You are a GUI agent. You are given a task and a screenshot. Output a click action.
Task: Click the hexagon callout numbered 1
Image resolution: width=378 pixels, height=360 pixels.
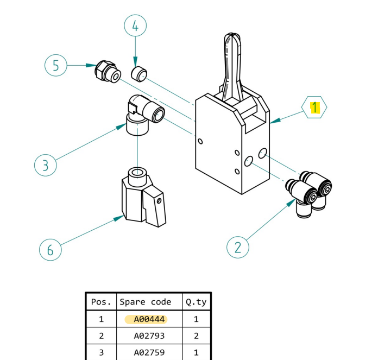(x=314, y=108)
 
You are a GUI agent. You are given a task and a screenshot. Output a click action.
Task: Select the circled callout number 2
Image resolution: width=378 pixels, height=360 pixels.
(x=237, y=248)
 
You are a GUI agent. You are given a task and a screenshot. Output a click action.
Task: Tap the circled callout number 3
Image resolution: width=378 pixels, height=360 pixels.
(x=45, y=165)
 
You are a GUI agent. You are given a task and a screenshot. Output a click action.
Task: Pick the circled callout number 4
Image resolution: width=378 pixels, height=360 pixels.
(x=135, y=26)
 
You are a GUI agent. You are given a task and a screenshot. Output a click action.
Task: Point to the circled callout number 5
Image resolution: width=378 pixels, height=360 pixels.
(x=55, y=66)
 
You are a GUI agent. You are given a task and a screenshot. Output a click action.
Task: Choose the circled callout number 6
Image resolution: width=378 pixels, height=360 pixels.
(x=50, y=250)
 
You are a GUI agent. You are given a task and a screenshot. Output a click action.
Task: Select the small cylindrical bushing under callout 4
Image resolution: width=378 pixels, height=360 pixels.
(x=140, y=73)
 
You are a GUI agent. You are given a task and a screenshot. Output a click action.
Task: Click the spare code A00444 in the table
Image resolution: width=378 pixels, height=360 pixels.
(x=146, y=319)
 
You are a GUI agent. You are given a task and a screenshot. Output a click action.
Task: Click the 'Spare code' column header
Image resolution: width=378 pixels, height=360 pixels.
(x=146, y=302)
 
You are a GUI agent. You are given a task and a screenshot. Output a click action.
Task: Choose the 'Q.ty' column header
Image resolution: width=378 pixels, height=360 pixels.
(x=196, y=302)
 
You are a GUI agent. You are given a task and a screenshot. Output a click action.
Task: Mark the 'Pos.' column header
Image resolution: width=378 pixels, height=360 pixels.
(x=101, y=302)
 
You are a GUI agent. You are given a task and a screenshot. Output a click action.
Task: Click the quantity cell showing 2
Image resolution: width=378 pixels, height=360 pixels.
(x=196, y=336)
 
